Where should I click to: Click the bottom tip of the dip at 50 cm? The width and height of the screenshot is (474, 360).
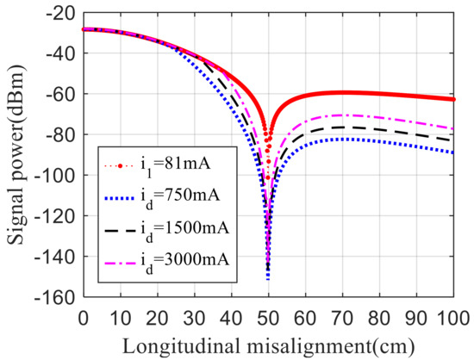point(268,278)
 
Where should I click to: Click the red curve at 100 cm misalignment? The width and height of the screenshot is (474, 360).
point(453,99)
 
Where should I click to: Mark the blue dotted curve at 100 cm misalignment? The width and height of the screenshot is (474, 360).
point(453,152)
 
